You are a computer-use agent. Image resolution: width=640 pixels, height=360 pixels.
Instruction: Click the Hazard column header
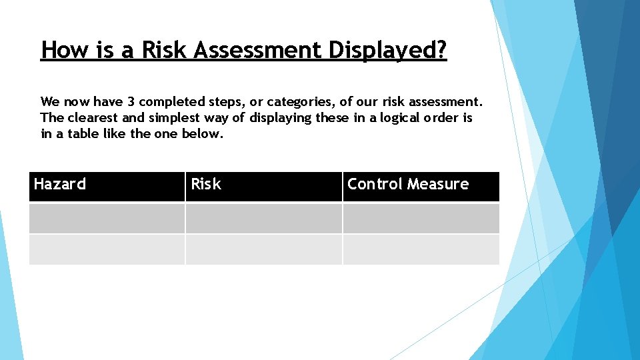point(60,185)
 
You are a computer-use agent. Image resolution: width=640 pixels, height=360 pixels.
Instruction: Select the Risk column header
point(206,185)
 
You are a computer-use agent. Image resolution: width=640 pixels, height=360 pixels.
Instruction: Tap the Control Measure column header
point(408,185)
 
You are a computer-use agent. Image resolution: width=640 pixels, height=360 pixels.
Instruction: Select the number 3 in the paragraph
point(131,102)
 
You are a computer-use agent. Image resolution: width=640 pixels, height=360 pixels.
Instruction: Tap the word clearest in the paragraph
point(92,118)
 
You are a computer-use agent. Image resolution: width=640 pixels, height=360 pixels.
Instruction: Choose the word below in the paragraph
point(203,133)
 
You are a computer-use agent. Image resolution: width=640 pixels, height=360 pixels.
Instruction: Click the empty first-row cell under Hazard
point(107,218)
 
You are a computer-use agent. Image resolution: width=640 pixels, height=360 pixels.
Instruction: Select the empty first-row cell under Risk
point(263,218)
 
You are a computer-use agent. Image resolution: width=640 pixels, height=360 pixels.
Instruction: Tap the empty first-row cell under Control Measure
point(421,218)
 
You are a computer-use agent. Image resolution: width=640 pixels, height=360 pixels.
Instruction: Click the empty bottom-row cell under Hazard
point(107,249)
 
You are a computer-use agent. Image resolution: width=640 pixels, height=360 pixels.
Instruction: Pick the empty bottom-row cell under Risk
point(263,249)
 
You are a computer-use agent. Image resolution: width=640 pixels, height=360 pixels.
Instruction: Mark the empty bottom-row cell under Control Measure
point(421,249)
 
